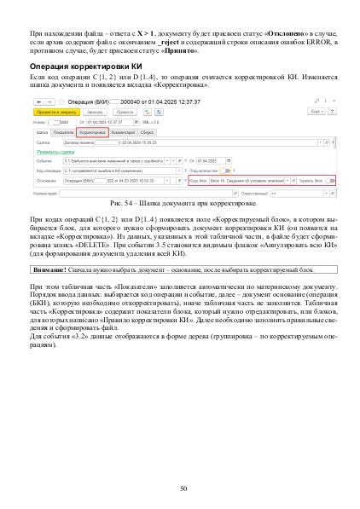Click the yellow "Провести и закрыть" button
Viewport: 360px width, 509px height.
[x=53, y=111]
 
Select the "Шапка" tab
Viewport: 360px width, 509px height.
[x=41, y=133]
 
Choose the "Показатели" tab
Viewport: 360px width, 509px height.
[x=63, y=133]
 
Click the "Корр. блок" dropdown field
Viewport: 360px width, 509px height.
[x=253, y=181]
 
